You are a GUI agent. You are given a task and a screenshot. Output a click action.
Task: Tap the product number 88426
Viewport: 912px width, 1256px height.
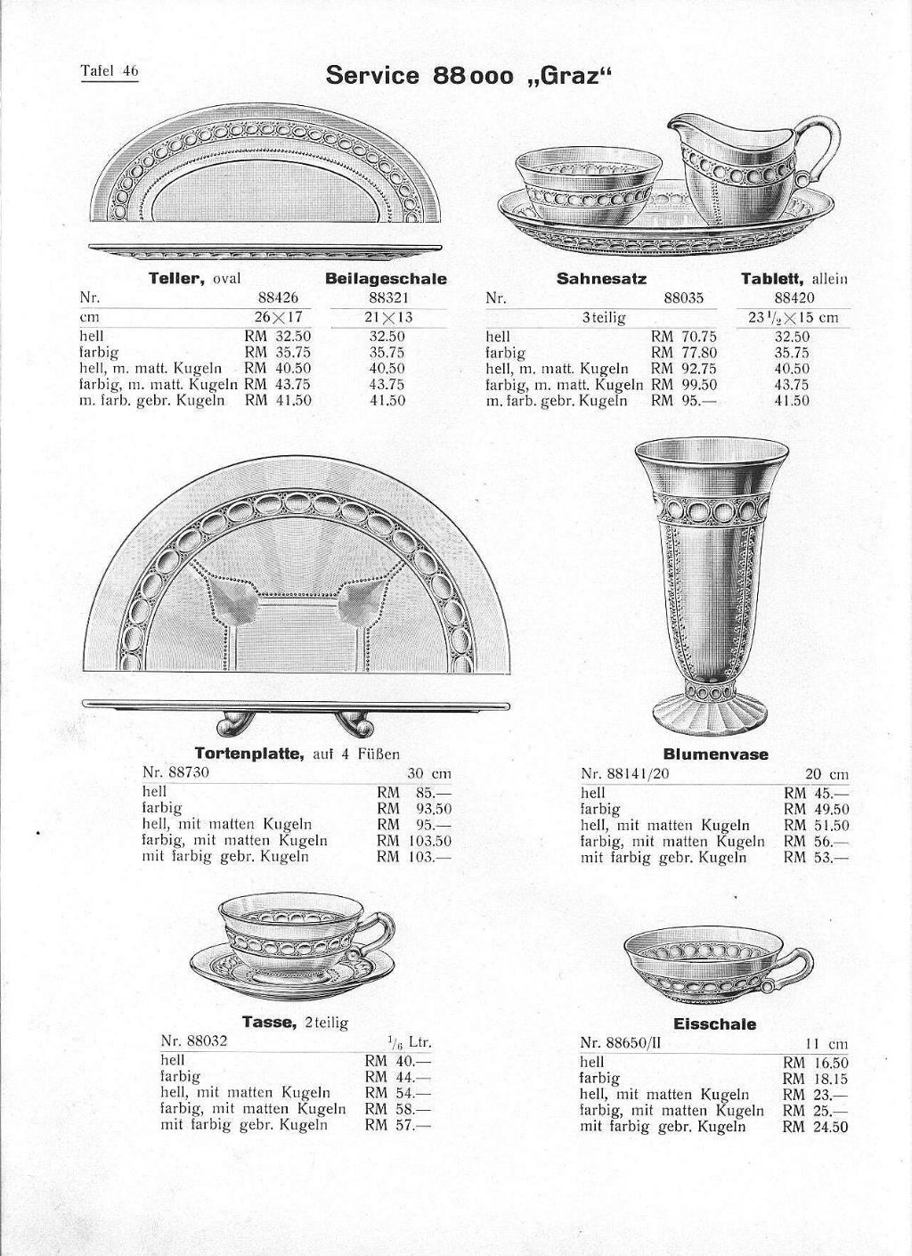coord(278,298)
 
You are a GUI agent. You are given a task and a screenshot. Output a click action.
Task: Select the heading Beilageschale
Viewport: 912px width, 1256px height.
coord(386,279)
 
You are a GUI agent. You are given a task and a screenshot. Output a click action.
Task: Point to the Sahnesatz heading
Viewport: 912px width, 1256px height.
coord(601,279)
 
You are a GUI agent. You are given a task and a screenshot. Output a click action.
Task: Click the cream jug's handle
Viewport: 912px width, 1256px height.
coord(821,143)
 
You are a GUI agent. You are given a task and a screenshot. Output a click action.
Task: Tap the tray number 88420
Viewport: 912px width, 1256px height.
coord(794,298)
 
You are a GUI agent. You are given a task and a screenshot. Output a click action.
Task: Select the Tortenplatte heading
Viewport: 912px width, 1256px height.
coord(250,754)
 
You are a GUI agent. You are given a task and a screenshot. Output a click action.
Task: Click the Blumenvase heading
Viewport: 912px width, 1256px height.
coord(715,754)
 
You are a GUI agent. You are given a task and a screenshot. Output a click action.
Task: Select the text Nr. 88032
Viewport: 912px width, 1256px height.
coord(194,1040)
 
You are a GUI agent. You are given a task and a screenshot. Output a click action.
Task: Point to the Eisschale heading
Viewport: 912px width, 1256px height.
coord(714,1024)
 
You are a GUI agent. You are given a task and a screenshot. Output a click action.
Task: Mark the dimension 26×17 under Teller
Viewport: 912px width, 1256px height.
coord(277,318)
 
